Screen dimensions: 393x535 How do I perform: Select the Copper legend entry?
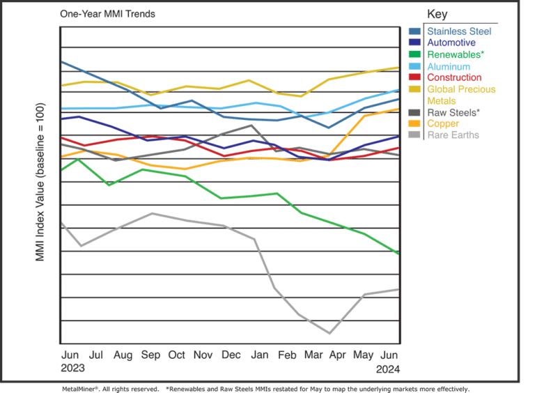[x=443, y=123]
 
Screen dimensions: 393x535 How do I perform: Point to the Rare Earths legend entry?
[x=453, y=134]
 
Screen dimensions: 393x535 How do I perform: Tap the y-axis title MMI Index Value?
[x=40, y=183]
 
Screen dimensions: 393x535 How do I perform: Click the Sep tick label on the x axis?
[x=151, y=355]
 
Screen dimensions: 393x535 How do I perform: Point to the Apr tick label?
[x=337, y=355]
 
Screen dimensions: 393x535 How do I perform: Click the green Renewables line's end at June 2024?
[x=397, y=253]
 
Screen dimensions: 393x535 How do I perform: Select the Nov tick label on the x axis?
[x=203, y=355]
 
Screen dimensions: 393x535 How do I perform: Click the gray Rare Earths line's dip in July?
[x=82, y=246]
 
